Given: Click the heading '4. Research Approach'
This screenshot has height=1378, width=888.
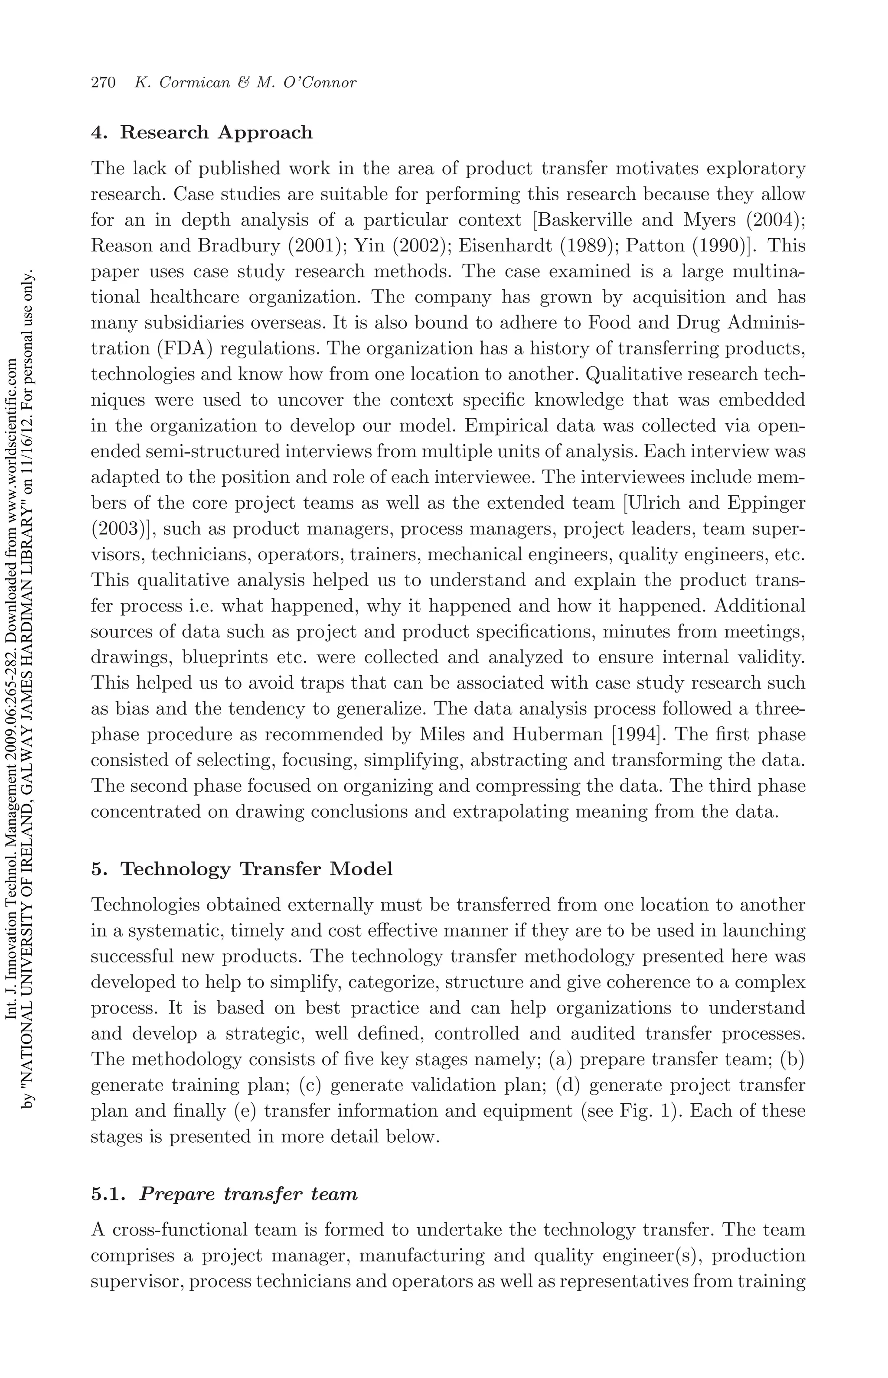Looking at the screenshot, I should click(202, 133).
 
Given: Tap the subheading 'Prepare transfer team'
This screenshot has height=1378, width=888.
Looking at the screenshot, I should click(248, 1193).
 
